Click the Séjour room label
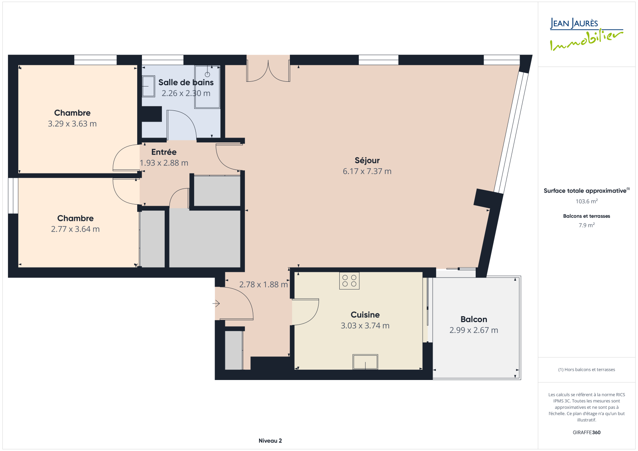tap(367, 160)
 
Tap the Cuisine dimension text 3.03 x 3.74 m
tap(365, 326)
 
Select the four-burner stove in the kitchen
tap(349, 281)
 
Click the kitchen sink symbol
tap(365, 362)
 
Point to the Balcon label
tap(474, 319)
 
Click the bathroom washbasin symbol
tap(148, 86)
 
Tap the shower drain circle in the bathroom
tap(207, 74)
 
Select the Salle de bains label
tap(186, 82)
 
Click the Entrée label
tap(164, 152)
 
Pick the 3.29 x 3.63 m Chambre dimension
tap(72, 124)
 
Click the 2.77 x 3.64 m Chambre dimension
tap(75, 229)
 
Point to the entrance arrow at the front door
tap(216, 303)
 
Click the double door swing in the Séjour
tap(268, 71)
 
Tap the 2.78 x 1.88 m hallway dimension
tap(264, 284)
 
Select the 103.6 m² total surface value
tap(587, 201)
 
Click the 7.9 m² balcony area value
tap(587, 225)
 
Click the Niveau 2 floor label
tap(270, 441)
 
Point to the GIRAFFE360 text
tap(587, 432)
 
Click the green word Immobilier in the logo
tap(586, 40)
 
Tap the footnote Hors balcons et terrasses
tap(587, 370)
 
